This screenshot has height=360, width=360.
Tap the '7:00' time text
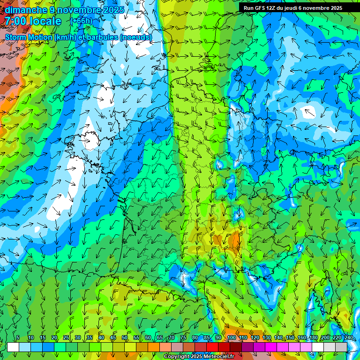pyautogui.click(x=15, y=21)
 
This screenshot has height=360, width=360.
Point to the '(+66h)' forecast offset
pyautogui.click(x=81, y=21)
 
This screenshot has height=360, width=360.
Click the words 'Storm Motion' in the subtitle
pyautogui.click(x=29, y=37)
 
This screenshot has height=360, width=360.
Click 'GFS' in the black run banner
pyautogui.click(x=262, y=8)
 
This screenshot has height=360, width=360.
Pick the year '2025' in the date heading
pyautogui.click(x=112, y=9)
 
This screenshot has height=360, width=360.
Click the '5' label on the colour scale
pyautogui.click(x=18, y=338)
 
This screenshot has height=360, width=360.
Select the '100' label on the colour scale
pyautogui.click(x=232, y=338)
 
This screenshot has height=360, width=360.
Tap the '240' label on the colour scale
pyautogui.click(x=349, y=338)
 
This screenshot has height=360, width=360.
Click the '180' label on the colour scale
pyautogui.click(x=313, y=338)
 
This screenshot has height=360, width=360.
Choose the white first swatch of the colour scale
pyautogui.click(x=13, y=346)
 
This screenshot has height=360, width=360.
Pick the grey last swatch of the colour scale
pyautogui.click(x=341, y=346)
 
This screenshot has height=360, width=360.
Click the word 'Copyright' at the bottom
pyautogui.click(x=177, y=357)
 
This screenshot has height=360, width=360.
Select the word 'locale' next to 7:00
pyautogui.click(x=45, y=21)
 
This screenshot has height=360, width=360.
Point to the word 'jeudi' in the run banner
pyautogui.click(x=297, y=8)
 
